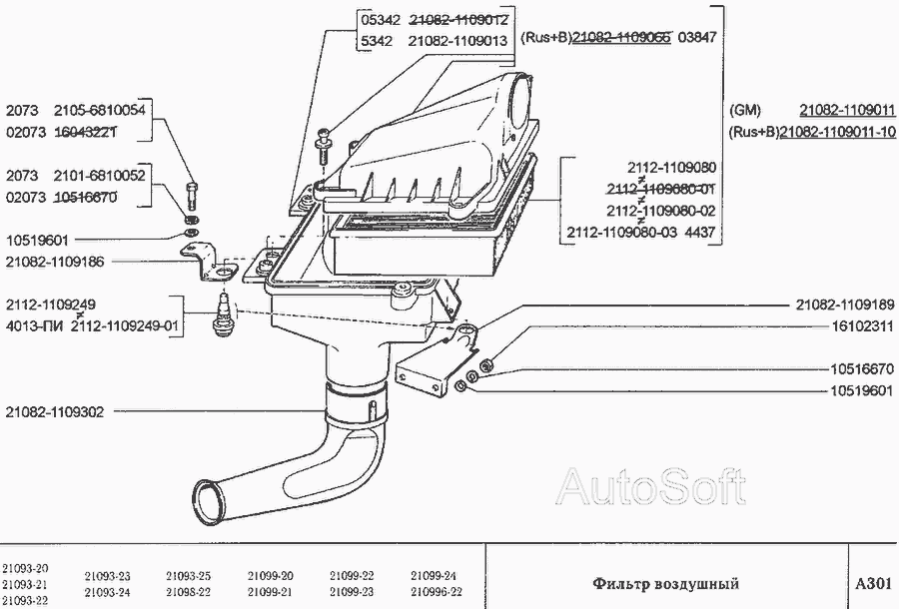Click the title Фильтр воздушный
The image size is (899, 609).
pyautogui.click(x=665, y=582)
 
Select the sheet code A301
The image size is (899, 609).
pyautogui.click(x=872, y=582)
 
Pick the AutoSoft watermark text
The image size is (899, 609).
pyautogui.click(x=650, y=486)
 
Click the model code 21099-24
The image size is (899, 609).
pyautogui.click(x=434, y=576)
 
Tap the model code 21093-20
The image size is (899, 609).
pyautogui.click(x=24, y=568)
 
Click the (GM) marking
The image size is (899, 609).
pyautogui.click(x=745, y=110)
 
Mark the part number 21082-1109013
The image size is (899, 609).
pyautogui.click(x=458, y=41)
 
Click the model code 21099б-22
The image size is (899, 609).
pyautogui.click(x=434, y=591)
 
